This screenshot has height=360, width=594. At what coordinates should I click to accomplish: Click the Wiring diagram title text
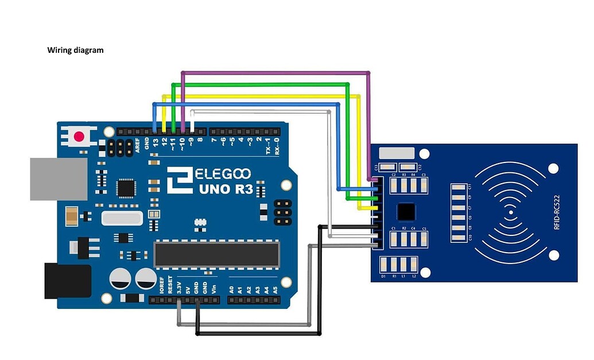(75, 51)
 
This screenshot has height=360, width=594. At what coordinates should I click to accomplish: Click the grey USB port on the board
(58, 179)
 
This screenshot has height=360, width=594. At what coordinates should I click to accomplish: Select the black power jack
(67, 281)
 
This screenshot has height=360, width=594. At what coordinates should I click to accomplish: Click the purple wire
(275, 73)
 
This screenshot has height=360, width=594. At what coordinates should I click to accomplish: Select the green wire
(264, 84)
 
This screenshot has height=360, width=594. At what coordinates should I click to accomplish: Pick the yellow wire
(258, 96)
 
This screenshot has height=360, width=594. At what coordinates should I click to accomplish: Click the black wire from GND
(258, 334)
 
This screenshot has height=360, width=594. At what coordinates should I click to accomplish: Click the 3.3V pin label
(179, 287)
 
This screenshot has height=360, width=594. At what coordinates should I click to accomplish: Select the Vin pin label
(214, 288)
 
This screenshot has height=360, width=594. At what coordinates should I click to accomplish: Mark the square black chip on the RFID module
(406, 211)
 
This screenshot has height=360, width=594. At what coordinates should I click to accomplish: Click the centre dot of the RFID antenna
(510, 213)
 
